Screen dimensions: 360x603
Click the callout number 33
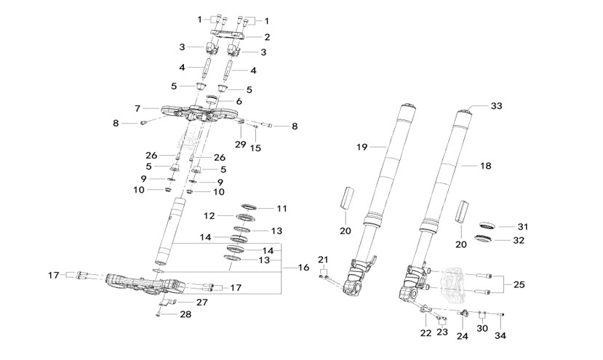tap(497, 106)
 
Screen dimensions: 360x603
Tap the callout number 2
tap(267, 36)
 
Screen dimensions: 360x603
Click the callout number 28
tap(186, 315)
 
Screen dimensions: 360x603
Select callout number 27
tap(201, 301)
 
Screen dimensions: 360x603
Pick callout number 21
tap(324, 260)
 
